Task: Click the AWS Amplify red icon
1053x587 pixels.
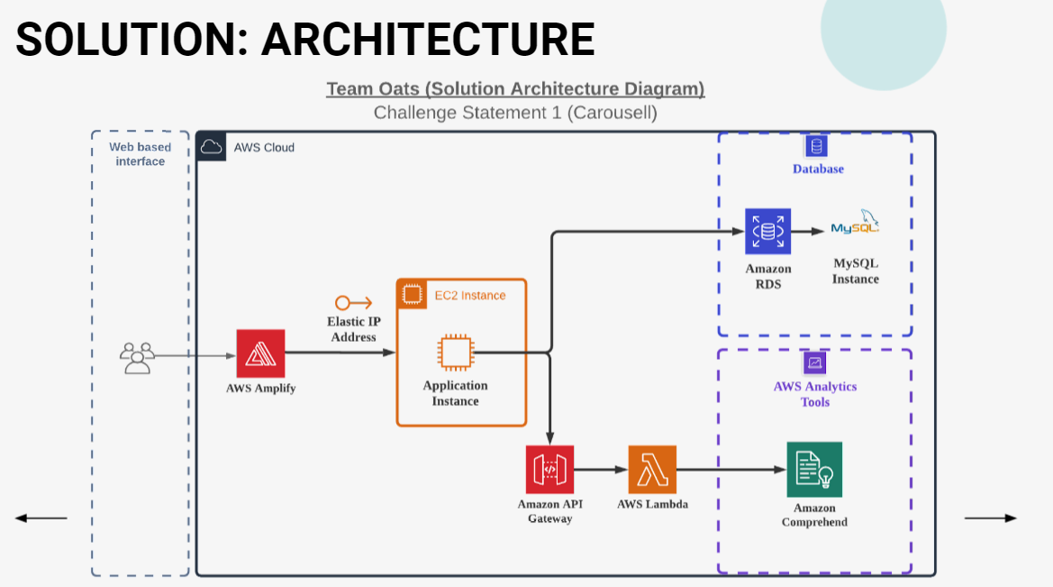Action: click(260, 353)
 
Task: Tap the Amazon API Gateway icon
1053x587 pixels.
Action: click(550, 470)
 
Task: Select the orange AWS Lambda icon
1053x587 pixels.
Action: click(652, 470)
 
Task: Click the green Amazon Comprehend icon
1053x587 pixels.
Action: click(814, 470)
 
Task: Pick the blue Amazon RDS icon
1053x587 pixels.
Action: click(767, 232)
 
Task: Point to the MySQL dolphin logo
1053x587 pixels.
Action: click(855, 223)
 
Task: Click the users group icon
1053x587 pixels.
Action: click(137, 358)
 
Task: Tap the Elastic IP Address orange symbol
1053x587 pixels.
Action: click(353, 303)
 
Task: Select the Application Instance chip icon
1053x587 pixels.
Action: click(455, 353)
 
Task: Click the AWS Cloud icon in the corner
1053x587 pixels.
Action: click(211, 147)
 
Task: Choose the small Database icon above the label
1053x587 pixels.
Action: click(817, 145)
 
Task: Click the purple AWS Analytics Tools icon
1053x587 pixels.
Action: click(814, 363)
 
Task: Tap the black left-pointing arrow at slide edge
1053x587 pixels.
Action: click(41, 518)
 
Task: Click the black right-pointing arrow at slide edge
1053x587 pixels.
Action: click(991, 518)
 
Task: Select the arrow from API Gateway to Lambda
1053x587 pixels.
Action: click(601, 470)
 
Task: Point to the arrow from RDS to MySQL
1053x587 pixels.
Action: click(808, 232)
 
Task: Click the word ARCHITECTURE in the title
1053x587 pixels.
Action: click(428, 39)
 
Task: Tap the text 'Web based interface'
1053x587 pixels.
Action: click(140, 154)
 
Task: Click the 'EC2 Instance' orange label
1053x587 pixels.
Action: click(470, 295)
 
